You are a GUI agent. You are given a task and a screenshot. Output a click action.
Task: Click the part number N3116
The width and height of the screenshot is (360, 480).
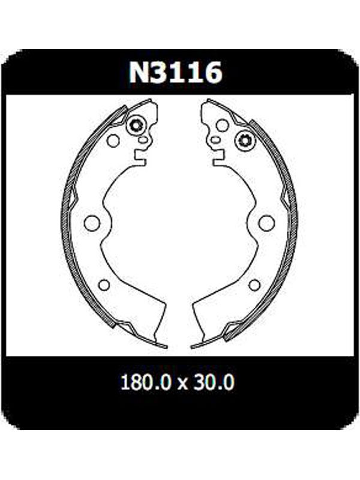point(175,73)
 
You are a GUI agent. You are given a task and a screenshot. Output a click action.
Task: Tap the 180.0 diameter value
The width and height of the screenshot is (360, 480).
point(145,382)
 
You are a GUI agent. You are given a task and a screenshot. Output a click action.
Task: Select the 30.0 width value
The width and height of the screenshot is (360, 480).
point(214,382)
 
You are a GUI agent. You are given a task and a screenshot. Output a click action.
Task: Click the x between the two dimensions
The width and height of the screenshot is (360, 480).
point(182,384)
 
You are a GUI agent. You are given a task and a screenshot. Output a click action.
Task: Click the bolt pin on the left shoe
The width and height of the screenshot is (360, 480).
point(136,125)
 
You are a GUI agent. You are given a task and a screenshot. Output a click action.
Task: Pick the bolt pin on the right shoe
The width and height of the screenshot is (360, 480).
point(245,141)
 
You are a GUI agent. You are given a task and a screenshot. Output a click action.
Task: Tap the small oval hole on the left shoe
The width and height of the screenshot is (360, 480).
point(143,140)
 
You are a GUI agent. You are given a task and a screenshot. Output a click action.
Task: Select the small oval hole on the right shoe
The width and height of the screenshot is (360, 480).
point(215,140)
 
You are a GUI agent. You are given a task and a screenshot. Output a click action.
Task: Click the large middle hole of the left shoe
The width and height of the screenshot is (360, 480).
point(92,223)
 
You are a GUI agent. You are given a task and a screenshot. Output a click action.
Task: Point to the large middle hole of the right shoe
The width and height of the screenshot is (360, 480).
point(266,223)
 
